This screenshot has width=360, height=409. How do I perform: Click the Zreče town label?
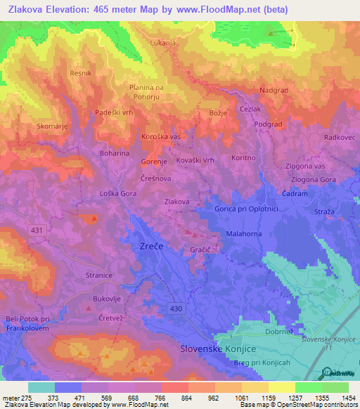point(146,247)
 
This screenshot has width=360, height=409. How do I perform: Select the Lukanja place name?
point(162,43)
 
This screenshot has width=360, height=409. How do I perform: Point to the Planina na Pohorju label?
point(146,92)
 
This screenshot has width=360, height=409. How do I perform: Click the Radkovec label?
point(339,138)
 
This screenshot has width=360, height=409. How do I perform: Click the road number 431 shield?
point(36,230)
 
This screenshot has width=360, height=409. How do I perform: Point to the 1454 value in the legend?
point(348,398)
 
